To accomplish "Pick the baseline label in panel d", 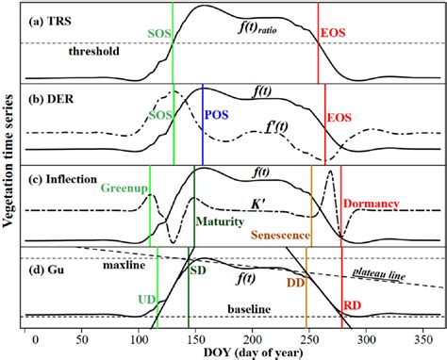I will tap(248, 307).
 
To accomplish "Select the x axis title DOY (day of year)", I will tap(232, 352).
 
